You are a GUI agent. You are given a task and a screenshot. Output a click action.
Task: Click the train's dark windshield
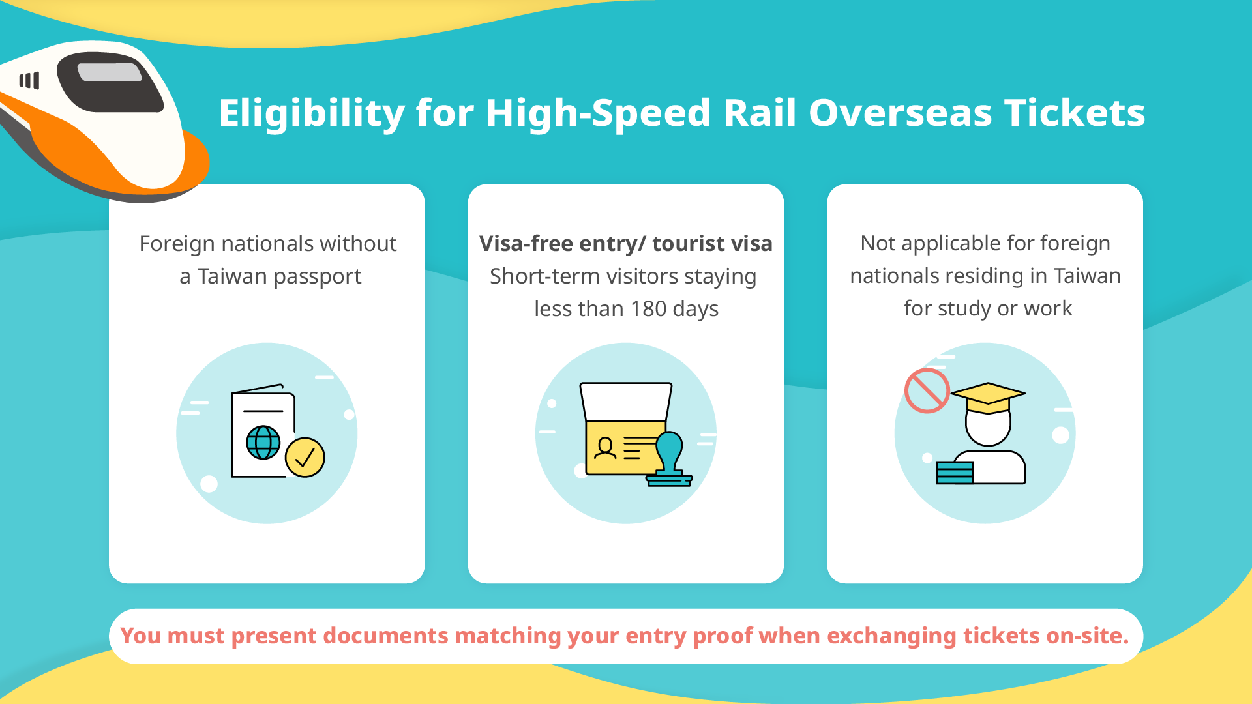coord(109,82)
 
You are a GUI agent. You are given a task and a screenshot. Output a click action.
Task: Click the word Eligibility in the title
coord(312,113)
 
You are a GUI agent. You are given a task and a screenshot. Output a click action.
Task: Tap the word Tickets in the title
coord(1075,113)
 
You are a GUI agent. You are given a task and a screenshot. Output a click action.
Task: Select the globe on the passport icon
coord(263,443)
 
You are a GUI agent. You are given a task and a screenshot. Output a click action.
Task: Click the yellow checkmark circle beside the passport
coord(305,457)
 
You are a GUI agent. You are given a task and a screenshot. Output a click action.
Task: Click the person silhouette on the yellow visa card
coord(606,448)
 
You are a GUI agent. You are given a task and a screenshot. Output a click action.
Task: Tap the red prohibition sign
coord(927,390)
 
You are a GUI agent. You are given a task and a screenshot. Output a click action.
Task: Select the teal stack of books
coord(955,473)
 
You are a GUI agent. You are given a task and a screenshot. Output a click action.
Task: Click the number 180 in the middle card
coord(648,308)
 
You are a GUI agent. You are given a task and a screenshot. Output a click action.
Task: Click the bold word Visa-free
coord(526,243)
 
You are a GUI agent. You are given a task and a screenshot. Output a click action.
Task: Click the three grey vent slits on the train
coord(29,80)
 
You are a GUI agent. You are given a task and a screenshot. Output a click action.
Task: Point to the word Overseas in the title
coord(901,113)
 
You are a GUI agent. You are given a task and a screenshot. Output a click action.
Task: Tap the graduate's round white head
coord(988,427)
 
